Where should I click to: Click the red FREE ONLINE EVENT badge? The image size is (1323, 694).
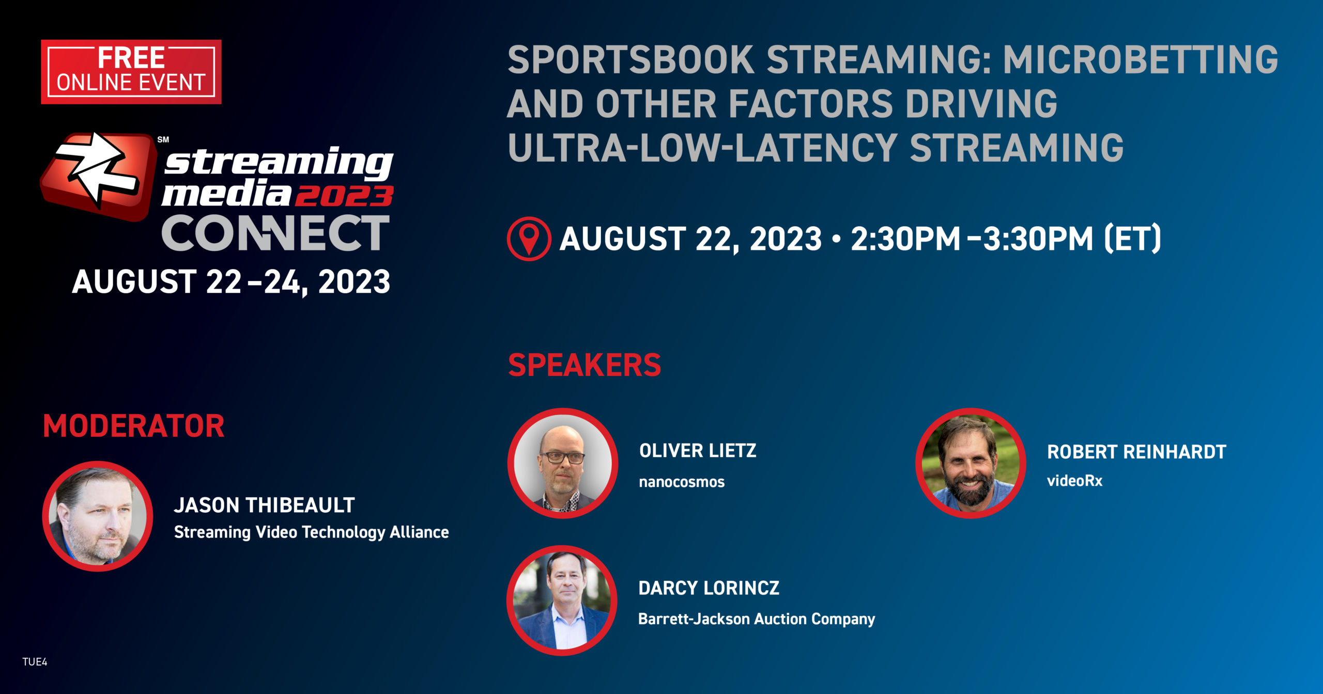click(x=131, y=72)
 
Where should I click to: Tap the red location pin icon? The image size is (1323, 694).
click(x=529, y=239)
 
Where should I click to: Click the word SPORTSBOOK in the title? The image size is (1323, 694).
click(x=630, y=60)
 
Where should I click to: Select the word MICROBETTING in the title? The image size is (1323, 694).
click(x=1140, y=60)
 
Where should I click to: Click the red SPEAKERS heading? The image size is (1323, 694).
click(x=584, y=365)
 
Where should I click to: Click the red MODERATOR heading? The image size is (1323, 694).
click(x=133, y=427)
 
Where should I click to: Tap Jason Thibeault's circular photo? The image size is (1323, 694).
click(x=98, y=516)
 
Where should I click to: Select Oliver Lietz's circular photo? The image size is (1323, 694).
click(x=563, y=463)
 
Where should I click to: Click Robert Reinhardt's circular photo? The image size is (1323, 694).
click(x=971, y=463)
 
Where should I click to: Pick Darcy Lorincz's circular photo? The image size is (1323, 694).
click(x=562, y=601)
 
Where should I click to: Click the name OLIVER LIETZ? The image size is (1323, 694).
click(x=697, y=451)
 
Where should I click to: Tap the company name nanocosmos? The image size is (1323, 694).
click(x=682, y=482)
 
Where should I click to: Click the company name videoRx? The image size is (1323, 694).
click(x=1074, y=481)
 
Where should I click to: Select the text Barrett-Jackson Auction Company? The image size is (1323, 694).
click(x=756, y=619)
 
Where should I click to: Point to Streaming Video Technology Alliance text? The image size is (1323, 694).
click(x=311, y=532)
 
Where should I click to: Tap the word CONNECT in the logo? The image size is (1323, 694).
click(x=275, y=234)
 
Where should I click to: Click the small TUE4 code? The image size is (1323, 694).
click(x=35, y=662)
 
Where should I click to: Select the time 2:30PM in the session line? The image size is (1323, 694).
click(x=905, y=239)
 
